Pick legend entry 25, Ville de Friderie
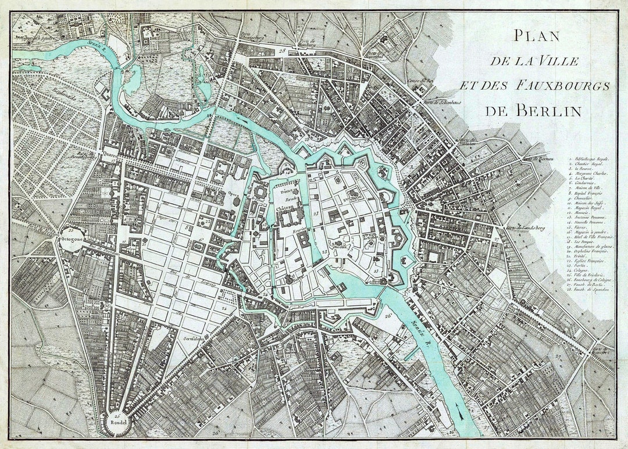point(590,275)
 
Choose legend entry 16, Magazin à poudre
point(590,231)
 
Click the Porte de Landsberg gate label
point(520,228)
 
